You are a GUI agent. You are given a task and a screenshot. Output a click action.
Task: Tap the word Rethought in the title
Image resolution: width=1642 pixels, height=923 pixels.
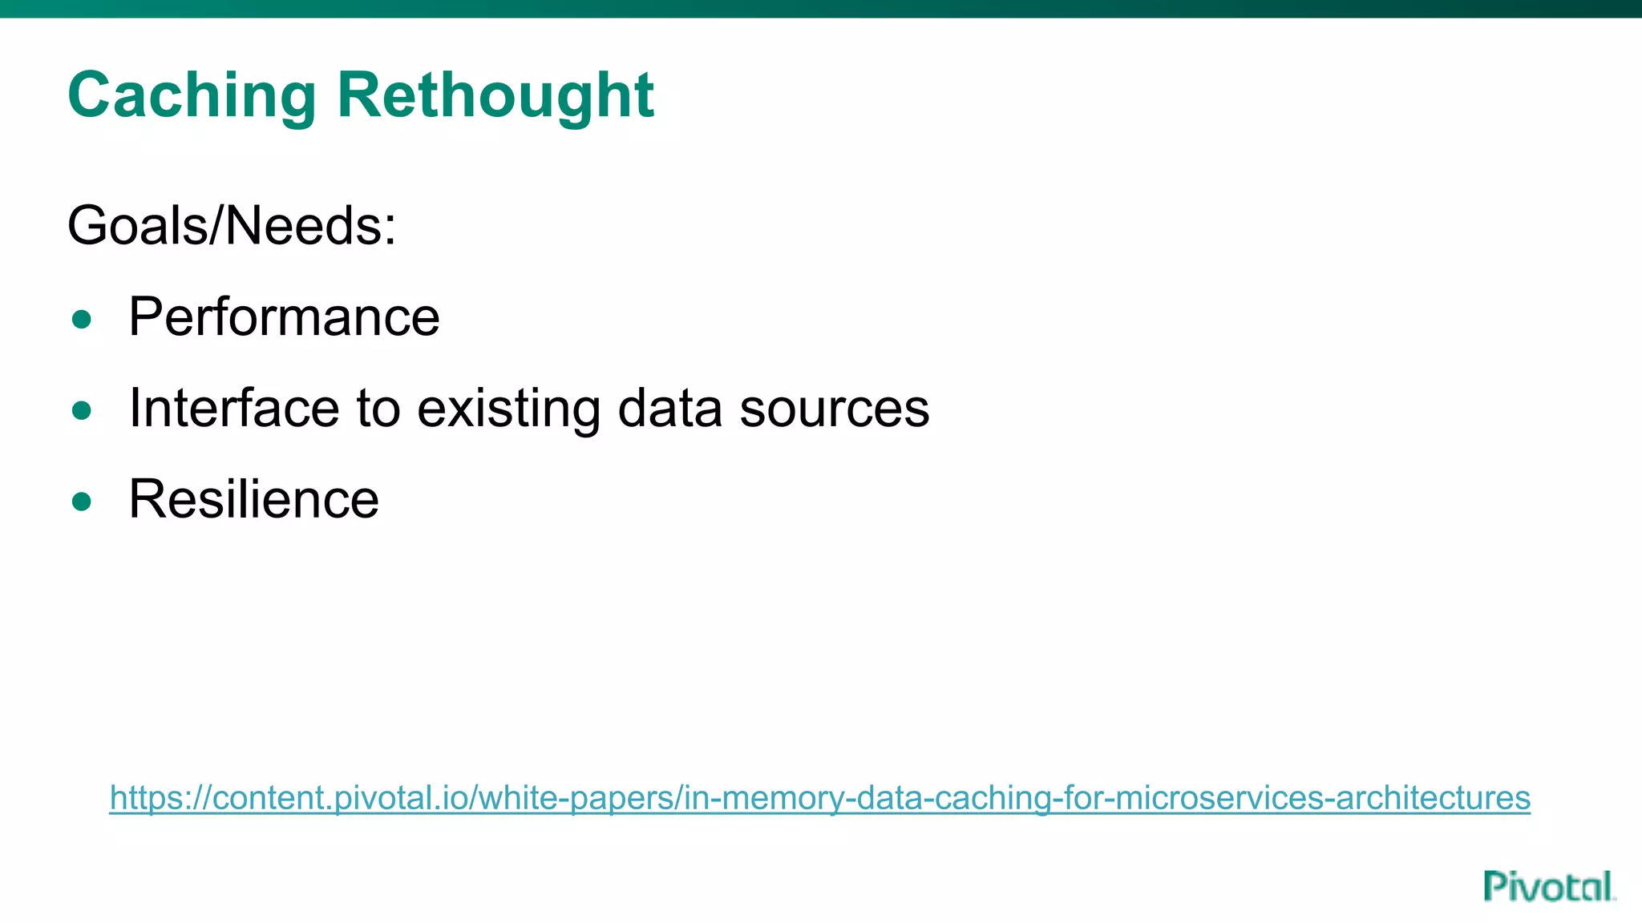(x=495, y=95)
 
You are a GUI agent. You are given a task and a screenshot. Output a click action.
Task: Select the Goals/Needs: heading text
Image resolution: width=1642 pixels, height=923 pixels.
(x=232, y=226)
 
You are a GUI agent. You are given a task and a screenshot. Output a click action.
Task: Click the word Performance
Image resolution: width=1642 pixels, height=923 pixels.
(x=284, y=317)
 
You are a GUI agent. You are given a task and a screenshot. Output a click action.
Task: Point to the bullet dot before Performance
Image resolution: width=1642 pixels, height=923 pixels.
(x=81, y=320)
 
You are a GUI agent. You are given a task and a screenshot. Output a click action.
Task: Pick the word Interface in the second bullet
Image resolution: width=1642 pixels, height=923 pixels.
(x=233, y=408)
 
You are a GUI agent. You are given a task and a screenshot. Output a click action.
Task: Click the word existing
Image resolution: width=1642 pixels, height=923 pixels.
(x=508, y=409)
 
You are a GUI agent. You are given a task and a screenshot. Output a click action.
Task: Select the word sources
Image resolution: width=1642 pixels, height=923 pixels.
(x=834, y=409)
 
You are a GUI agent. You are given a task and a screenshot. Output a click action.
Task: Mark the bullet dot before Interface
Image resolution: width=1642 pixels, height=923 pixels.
(x=81, y=411)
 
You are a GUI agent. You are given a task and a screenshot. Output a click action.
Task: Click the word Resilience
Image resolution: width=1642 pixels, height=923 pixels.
(x=253, y=499)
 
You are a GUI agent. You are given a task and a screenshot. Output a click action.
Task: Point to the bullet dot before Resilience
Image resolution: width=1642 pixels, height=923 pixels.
(x=81, y=502)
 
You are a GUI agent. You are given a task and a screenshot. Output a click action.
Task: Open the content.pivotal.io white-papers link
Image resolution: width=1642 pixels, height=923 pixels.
(x=819, y=798)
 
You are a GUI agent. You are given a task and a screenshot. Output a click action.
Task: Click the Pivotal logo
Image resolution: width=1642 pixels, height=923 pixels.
(x=1548, y=887)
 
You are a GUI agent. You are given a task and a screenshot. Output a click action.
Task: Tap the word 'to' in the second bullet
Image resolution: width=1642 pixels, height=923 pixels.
(x=378, y=408)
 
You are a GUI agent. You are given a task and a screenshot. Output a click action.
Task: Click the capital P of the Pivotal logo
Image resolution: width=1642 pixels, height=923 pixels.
(x=1497, y=887)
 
